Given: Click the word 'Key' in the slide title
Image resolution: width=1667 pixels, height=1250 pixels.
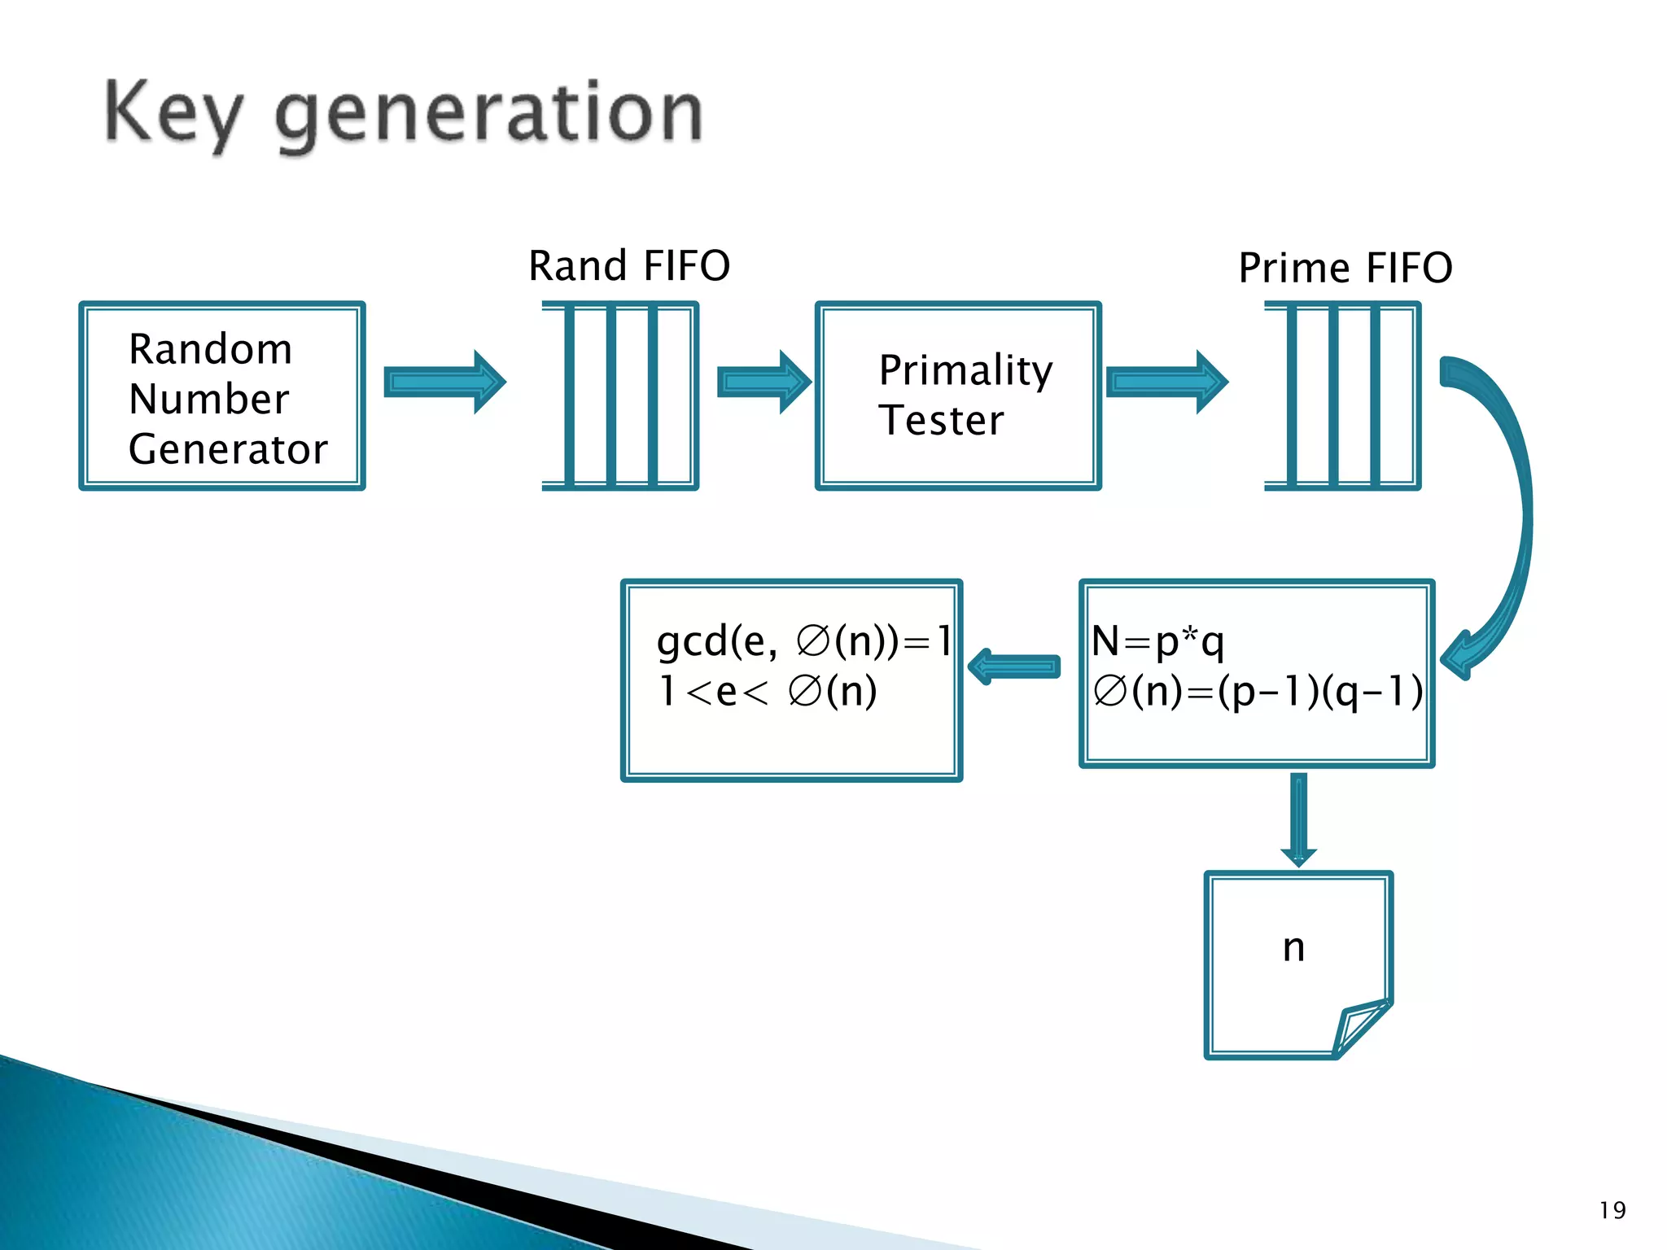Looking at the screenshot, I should (x=173, y=114).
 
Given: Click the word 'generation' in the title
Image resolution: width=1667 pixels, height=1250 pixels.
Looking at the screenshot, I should (x=488, y=114).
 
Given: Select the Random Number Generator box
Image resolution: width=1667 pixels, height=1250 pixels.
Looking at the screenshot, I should (x=222, y=396).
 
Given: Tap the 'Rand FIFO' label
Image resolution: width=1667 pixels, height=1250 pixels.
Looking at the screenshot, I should (x=629, y=266).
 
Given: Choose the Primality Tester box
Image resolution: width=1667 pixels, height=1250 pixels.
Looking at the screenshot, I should (x=958, y=396).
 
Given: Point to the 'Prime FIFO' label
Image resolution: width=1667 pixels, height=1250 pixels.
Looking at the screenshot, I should (x=1345, y=268).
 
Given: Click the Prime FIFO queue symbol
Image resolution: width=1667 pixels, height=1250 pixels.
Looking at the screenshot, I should (x=1342, y=396).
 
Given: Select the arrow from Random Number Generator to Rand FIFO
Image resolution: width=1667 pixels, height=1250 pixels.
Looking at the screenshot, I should (x=444, y=382).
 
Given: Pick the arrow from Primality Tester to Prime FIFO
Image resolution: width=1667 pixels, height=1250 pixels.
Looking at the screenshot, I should (x=1166, y=382).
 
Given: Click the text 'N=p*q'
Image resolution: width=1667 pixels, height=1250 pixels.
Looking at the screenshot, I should (x=1157, y=641).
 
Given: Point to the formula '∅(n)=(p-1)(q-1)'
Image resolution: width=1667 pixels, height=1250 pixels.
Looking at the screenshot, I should (x=1258, y=692).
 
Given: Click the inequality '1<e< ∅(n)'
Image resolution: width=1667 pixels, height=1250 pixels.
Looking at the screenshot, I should (x=768, y=692).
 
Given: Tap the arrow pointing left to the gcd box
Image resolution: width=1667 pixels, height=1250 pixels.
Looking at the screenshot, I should (x=1014, y=667).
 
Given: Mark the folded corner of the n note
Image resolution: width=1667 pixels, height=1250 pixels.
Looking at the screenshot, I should (x=1361, y=1027).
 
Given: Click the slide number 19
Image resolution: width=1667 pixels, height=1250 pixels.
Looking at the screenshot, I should (x=1612, y=1210).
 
